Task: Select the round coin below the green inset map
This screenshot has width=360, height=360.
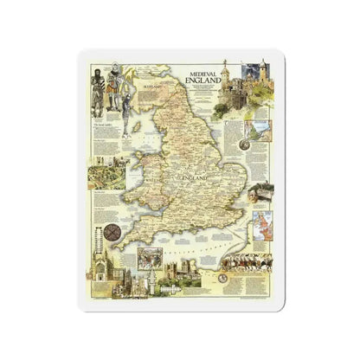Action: (257, 203)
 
